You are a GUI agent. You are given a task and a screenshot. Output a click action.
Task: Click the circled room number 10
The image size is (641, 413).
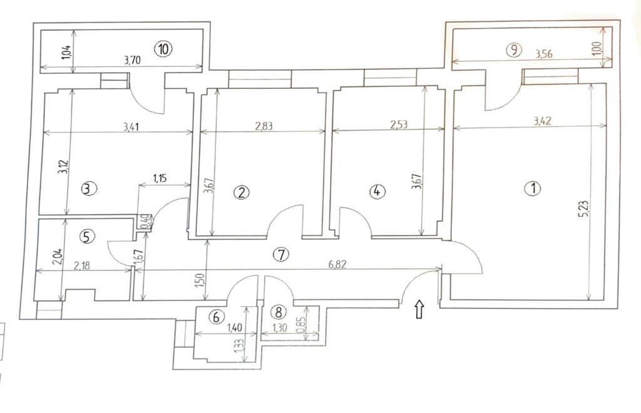pyautogui.click(x=163, y=49)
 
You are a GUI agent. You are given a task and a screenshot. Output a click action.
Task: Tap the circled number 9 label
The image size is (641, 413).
pyautogui.click(x=514, y=50)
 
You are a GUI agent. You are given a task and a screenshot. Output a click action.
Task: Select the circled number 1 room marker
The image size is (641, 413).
pyautogui.click(x=533, y=189)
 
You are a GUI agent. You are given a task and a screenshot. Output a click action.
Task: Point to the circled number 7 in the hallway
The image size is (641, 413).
pyautogui.click(x=281, y=255)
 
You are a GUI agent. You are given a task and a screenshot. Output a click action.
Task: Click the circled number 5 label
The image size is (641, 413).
pyautogui.click(x=86, y=236)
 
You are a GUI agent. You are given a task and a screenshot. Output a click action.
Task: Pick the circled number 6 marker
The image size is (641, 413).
pyautogui.click(x=217, y=317)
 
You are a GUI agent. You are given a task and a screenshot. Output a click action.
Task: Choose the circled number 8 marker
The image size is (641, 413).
pyautogui.click(x=279, y=312)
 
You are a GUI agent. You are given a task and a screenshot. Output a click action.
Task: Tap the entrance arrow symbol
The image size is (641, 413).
pyautogui.click(x=419, y=309)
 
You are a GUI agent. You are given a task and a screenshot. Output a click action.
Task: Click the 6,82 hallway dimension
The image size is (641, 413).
pyautogui.click(x=337, y=264)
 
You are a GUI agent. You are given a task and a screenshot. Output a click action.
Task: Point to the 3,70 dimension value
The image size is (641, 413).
pyautogui.click(x=132, y=61)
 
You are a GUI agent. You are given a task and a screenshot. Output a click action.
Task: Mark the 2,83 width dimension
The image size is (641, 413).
pyautogui.click(x=264, y=126)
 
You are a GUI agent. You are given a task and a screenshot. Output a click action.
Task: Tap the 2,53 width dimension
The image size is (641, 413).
pyautogui.click(x=399, y=125)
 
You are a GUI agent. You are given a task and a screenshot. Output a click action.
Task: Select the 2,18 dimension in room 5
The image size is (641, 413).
pyautogui.click(x=81, y=265)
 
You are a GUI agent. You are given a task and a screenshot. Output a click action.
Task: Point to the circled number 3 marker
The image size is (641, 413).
pyautogui.click(x=90, y=189)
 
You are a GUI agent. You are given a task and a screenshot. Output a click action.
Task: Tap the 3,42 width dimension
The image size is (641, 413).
pyautogui.click(x=543, y=121)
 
